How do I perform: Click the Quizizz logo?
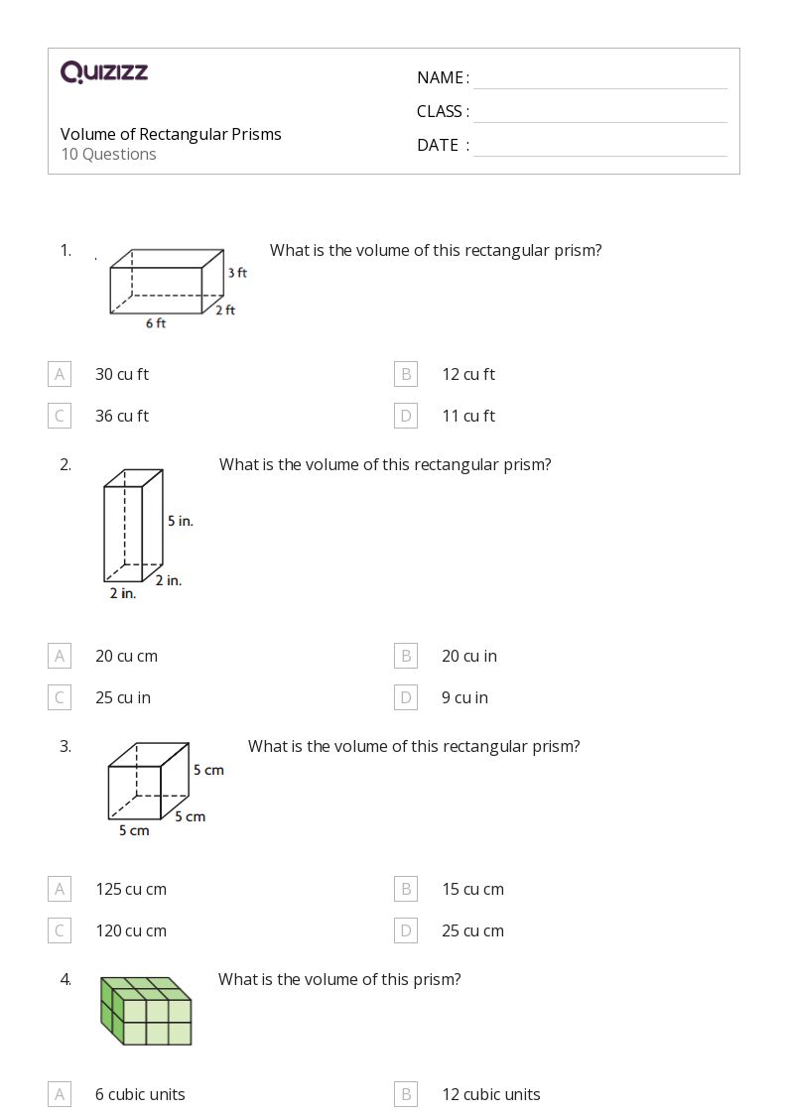103,71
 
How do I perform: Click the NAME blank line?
599,79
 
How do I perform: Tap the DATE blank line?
599,147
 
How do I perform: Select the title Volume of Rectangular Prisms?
171,134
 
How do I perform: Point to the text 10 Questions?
108,154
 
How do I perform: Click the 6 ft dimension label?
156,323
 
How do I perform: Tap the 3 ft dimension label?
237,272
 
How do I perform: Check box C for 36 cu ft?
60,416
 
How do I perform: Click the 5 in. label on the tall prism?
180,520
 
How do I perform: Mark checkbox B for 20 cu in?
405,656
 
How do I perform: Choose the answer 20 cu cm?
126,656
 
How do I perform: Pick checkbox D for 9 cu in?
405,697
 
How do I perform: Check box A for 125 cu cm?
60,889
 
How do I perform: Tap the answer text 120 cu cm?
130,930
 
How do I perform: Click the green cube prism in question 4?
146,1011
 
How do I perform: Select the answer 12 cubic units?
490,1094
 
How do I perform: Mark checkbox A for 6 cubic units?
60,1094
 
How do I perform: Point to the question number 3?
66,746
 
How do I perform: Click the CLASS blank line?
599,113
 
